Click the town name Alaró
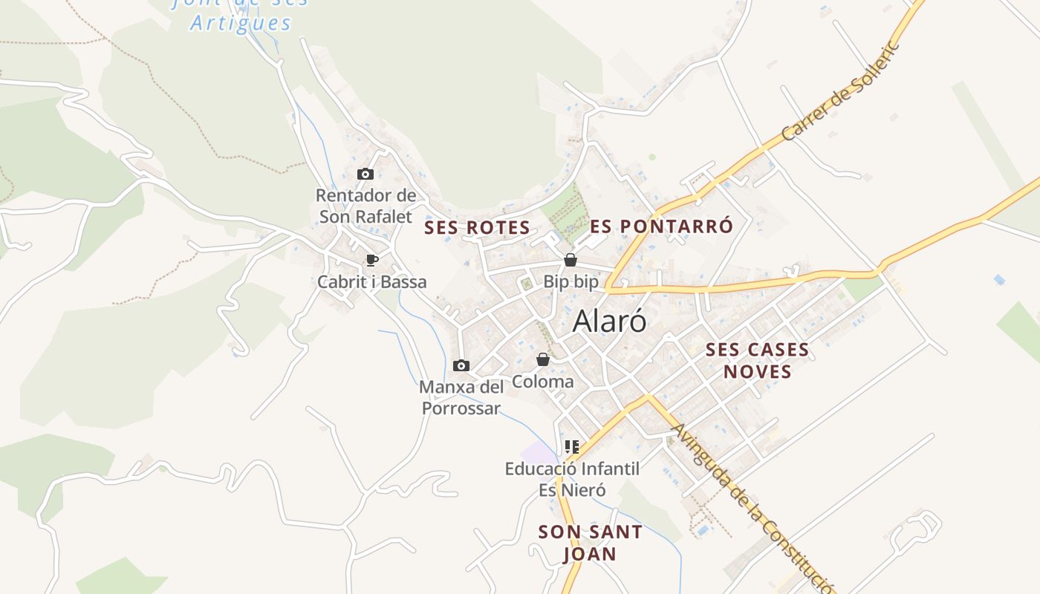click(609, 322)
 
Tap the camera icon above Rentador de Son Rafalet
click(365, 174)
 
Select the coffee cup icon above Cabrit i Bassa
click(372, 260)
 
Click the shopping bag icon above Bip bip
click(571, 260)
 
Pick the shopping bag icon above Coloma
click(543, 359)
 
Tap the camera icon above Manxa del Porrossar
click(461, 365)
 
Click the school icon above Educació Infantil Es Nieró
click(571, 447)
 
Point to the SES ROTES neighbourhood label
click(477, 228)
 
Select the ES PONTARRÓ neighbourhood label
click(662, 226)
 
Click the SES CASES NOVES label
click(757, 360)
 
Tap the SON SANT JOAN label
click(590, 543)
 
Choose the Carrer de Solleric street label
click(840, 91)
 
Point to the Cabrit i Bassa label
click(371, 282)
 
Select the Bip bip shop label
click(571, 282)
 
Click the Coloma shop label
click(543, 382)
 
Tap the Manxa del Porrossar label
click(461, 398)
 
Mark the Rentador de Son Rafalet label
click(365, 206)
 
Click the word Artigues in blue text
click(241, 23)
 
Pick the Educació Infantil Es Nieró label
click(572, 479)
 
